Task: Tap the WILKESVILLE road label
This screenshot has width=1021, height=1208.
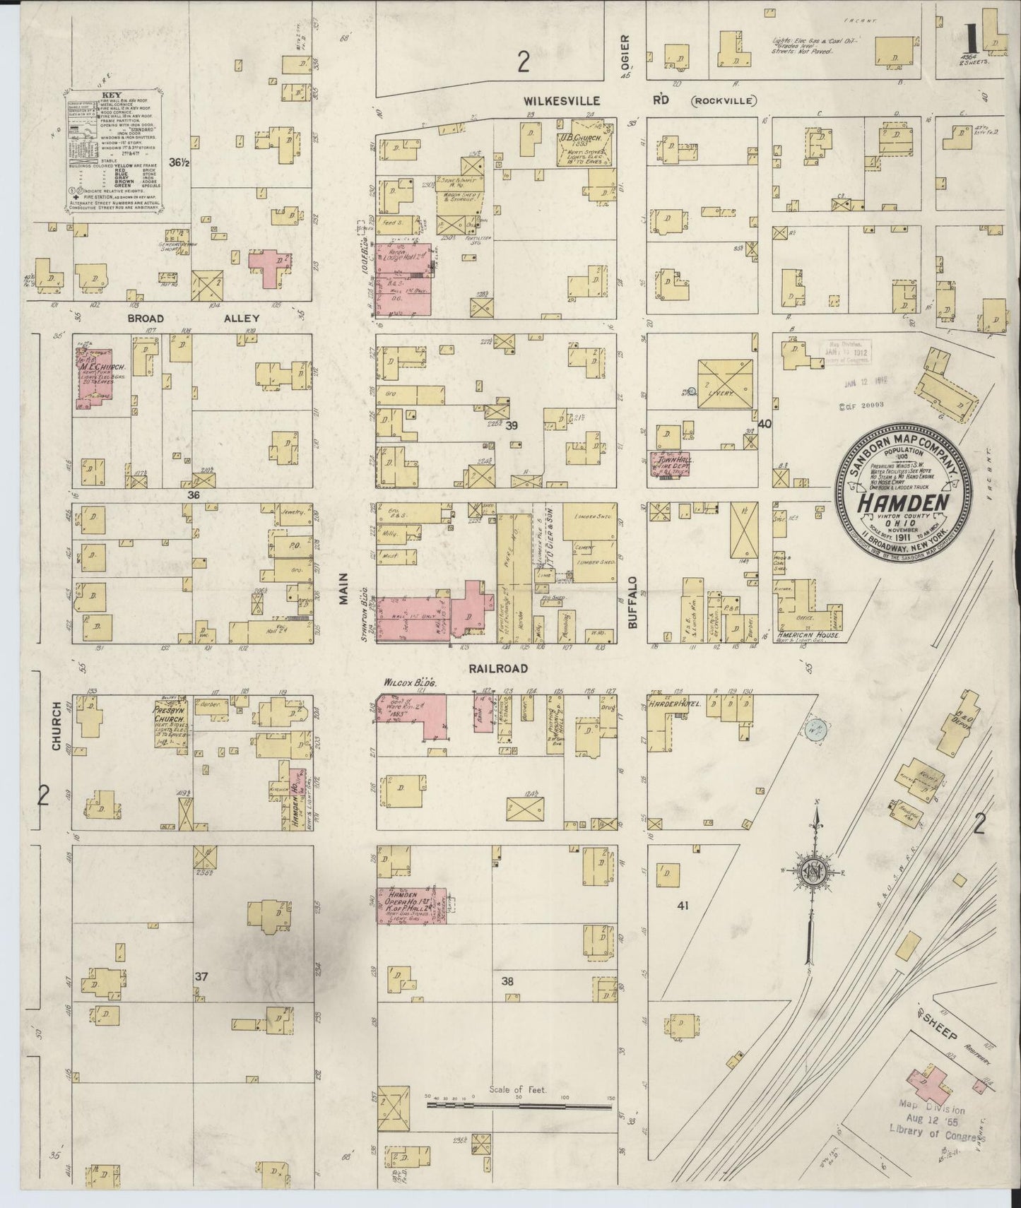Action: click(x=562, y=101)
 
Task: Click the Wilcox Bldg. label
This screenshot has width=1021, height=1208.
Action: click(x=410, y=684)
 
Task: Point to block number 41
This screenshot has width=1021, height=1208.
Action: click(x=682, y=905)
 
